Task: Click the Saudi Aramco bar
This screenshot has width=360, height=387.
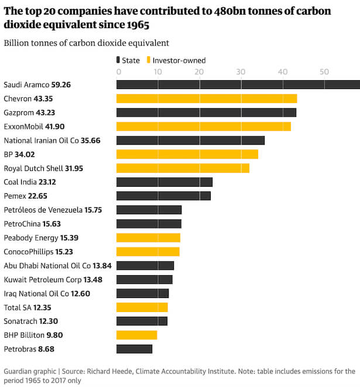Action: pyautogui.click(x=238, y=84)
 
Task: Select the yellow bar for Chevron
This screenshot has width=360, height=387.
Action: pyautogui.click(x=207, y=98)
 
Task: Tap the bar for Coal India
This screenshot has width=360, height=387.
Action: pyautogui.click(x=164, y=182)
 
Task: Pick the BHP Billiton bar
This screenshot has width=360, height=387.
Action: pyautogui.click(x=137, y=335)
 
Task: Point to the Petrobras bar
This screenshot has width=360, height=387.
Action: pyautogui.click(x=134, y=349)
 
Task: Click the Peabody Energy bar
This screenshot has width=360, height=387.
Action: pyautogui.click(x=148, y=238)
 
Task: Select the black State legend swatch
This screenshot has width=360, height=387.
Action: pyautogui.click(x=119, y=60)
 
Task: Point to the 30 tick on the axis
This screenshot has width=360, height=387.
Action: pyautogui.click(x=241, y=71)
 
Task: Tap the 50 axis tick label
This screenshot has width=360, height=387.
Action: pyautogui.click(x=323, y=71)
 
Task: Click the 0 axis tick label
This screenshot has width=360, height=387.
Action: pyautogui.click(x=119, y=71)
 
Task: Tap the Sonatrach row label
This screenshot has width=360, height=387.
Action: pyautogui.click(x=20, y=321)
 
